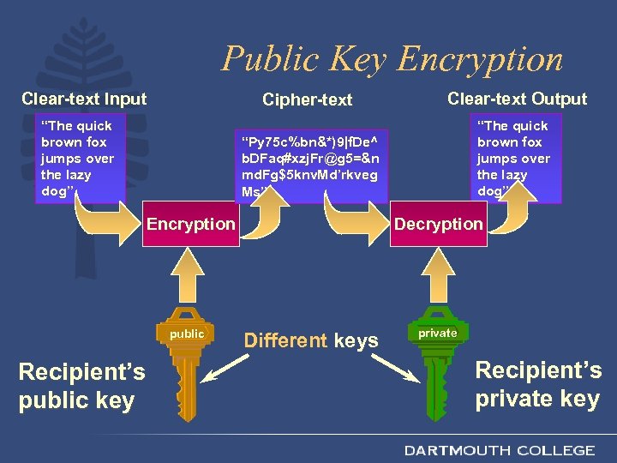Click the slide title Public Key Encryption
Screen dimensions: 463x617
coord(392,59)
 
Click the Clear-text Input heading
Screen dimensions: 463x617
coord(84,99)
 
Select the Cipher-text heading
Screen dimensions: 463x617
coord(308,100)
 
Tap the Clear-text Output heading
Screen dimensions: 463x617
coord(517,99)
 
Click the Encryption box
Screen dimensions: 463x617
coord(190,225)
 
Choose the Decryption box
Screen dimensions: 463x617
coord(438,225)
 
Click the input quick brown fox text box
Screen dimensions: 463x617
coord(79,158)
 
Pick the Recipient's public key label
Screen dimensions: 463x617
coord(81,386)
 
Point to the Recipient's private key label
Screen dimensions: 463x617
coord(538,384)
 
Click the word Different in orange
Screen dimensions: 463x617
coord(285,340)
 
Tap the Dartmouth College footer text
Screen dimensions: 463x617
coord(500,450)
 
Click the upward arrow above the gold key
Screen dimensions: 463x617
coord(190,275)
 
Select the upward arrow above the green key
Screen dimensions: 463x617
coord(438,275)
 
